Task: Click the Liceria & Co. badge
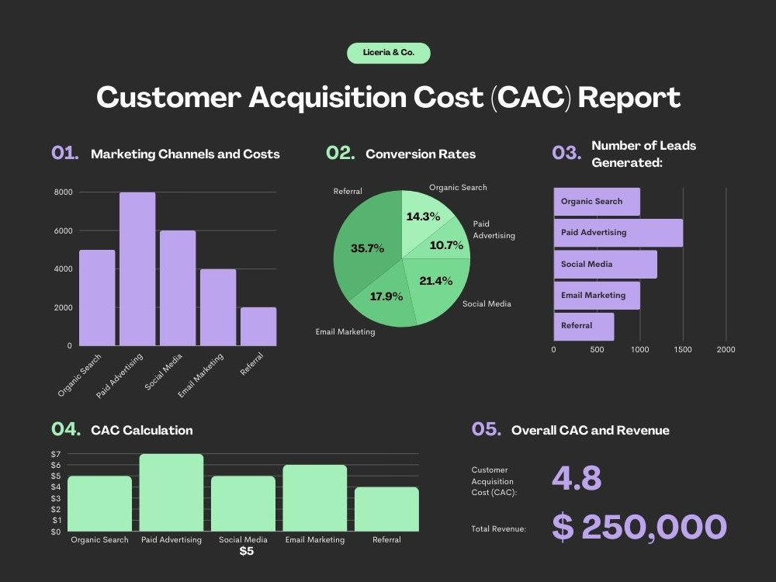pos(389,53)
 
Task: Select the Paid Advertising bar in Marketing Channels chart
pos(137,268)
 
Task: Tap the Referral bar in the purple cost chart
pos(258,327)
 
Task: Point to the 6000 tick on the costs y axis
pos(64,230)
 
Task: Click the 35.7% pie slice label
pos(367,248)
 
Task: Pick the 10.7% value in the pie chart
pos(446,245)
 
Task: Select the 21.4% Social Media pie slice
pos(435,287)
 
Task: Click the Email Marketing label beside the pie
pos(345,331)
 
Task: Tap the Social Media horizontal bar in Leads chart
pos(605,265)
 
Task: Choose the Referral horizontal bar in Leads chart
pos(584,327)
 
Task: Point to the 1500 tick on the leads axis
pos(682,349)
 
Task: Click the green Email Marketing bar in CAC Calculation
pos(315,498)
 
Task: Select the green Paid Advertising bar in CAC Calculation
pos(171,493)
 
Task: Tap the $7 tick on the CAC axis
pos(56,454)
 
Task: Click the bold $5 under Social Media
pos(247,551)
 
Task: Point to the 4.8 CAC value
pos(577,478)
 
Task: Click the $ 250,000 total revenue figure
pos(639,527)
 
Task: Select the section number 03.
pos(566,152)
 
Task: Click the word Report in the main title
pos(629,97)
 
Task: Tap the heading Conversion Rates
pos(421,154)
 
